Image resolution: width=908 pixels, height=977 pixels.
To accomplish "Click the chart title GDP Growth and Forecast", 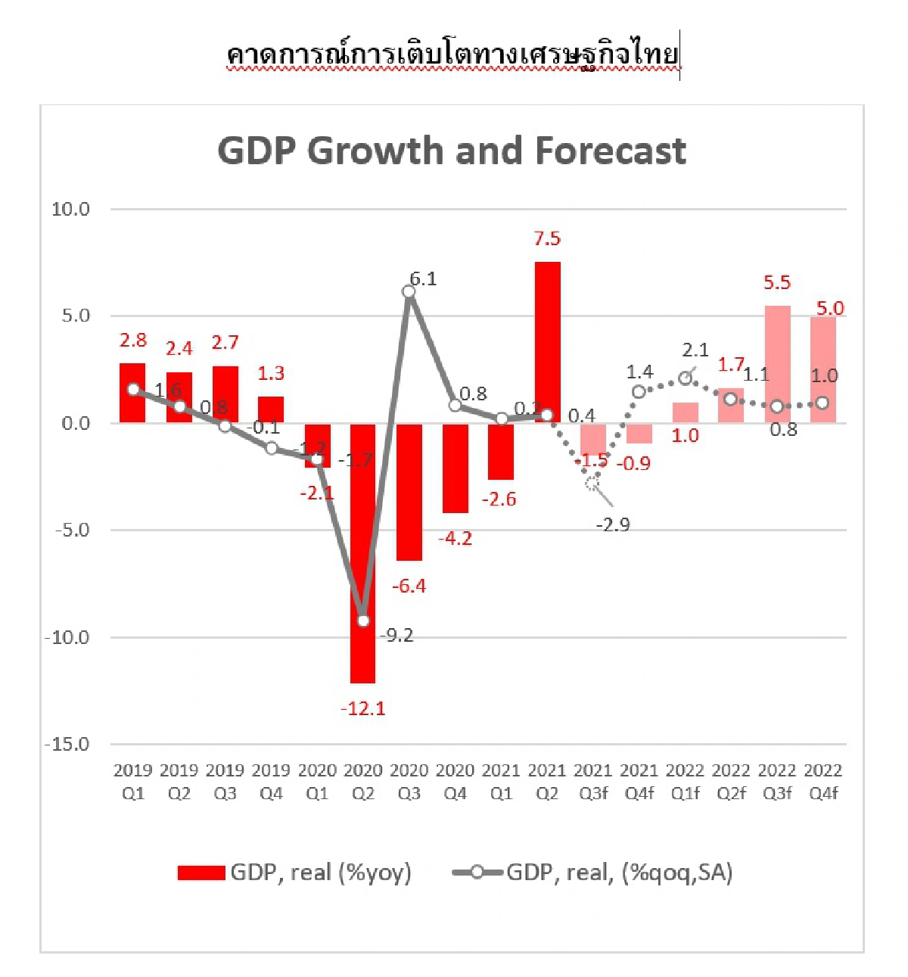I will pyautogui.click(x=452, y=151).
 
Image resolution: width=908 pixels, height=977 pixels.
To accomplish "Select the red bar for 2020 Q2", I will pyautogui.click(x=362, y=552).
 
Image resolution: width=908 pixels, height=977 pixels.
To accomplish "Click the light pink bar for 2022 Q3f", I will pyautogui.click(x=777, y=364).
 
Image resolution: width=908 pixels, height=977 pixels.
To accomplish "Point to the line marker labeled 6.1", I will pyautogui.click(x=409, y=291).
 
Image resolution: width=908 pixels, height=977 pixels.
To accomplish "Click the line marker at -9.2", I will pyautogui.click(x=363, y=621).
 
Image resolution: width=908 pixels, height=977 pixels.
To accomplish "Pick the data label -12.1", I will pyautogui.click(x=363, y=709).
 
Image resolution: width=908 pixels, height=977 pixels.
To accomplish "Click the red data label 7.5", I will pyautogui.click(x=547, y=239).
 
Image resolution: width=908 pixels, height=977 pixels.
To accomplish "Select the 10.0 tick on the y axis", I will pyautogui.click(x=70, y=210).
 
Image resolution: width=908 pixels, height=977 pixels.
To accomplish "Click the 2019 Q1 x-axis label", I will pyautogui.click(x=133, y=782).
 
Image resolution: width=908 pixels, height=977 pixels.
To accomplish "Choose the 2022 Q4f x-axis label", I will pyautogui.click(x=823, y=782).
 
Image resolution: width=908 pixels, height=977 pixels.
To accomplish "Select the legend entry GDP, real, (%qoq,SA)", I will pyautogui.click(x=592, y=873).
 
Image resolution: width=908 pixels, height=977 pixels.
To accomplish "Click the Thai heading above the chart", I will pyautogui.click(x=452, y=54).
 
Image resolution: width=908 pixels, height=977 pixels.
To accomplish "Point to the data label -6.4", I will pyautogui.click(x=409, y=587).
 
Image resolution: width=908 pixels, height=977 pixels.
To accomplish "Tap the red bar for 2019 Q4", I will pyautogui.click(x=271, y=409).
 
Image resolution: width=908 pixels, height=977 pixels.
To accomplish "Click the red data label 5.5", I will pyautogui.click(x=777, y=283).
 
